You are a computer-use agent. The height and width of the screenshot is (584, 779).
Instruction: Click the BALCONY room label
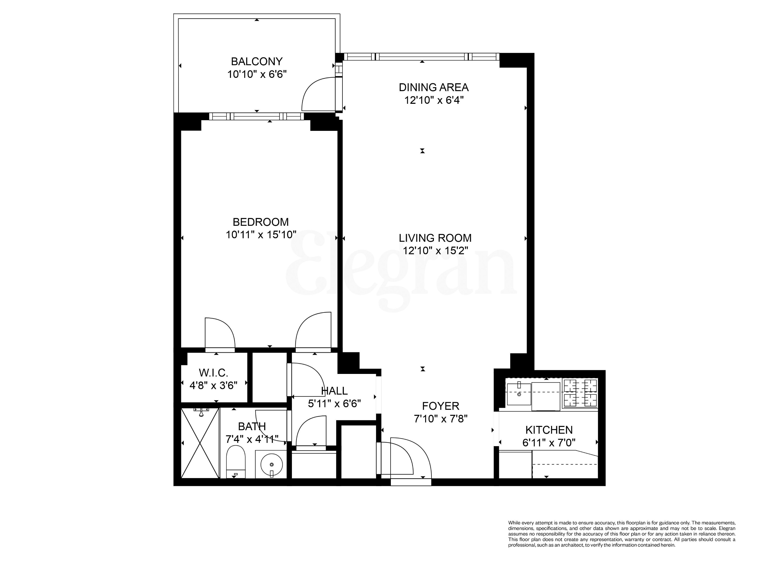pyautogui.click(x=256, y=62)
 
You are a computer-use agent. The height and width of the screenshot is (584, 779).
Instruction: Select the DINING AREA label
pyautogui.click(x=434, y=87)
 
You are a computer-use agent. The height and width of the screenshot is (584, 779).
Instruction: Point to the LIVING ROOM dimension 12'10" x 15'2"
pyautogui.click(x=435, y=251)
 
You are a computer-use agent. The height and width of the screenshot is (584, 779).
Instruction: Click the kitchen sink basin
pyautogui.click(x=519, y=394)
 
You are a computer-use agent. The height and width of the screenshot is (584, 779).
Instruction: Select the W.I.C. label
pyautogui.click(x=213, y=373)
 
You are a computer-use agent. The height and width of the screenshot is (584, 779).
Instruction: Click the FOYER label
pyautogui.click(x=441, y=406)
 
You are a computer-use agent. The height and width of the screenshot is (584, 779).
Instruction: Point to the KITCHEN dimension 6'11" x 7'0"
pyautogui.click(x=549, y=443)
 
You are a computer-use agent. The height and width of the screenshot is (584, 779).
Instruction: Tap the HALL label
pyautogui.click(x=334, y=391)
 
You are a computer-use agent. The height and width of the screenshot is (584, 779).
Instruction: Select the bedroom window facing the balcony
pyautogui.click(x=256, y=116)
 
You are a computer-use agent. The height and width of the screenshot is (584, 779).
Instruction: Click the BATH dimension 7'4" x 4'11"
pyautogui.click(x=252, y=439)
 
